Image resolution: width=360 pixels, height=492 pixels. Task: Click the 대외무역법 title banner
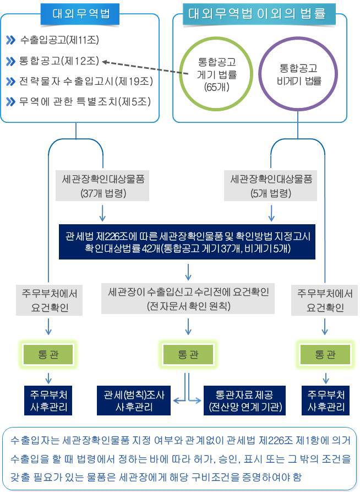pos(80,14)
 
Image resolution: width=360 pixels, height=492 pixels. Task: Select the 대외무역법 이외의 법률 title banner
pos(259,14)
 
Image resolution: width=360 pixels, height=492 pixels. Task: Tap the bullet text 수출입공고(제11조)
pos(59,40)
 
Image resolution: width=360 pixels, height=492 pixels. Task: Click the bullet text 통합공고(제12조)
pos(59,61)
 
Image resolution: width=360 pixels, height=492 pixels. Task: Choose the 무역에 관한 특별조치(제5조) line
pos(85,102)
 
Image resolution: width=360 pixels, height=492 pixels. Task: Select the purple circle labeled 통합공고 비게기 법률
pos(298,74)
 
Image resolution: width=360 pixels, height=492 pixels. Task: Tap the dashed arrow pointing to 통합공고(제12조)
pos(145,68)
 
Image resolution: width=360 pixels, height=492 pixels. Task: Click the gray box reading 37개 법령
pos(102,186)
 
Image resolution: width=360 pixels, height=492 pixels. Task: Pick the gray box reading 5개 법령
pos(271,186)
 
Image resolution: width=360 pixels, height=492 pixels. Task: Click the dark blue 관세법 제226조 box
pos(187,242)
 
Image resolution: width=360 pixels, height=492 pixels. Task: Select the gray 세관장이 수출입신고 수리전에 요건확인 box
pos(188,299)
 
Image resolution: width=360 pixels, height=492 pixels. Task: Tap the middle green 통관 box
pos(188,355)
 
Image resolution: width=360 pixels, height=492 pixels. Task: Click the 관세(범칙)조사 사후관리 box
pos(134,401)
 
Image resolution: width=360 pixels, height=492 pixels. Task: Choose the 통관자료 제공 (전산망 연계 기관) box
pos(245,401)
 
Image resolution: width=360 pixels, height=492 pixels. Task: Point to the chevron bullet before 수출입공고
pos(10,40)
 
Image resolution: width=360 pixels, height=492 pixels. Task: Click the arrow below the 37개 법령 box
pos(102,213)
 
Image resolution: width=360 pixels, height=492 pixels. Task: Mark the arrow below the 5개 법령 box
pos(271,213)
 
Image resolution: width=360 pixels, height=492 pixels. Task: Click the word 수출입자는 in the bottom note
pos(35,440)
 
